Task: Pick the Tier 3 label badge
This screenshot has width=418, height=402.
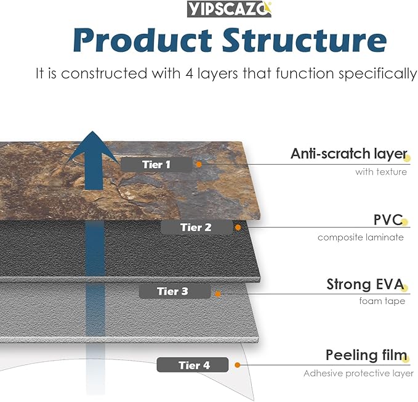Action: pyautogui.click(x=175, y=291)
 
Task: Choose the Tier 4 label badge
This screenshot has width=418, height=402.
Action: pyautogui.click(x=193, y=365)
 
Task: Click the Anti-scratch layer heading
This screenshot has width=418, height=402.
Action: pyautogui.click(x=348, y=154)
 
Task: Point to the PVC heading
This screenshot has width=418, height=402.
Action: pyautogui.click(x=388, y=220)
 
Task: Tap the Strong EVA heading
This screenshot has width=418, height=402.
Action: pyautogui.click(x=364, y=285)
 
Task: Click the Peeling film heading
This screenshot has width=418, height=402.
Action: pyautogui.click(x=366, y=355)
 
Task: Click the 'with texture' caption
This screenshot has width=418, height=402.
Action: pyautogui.click(x=380, y=172)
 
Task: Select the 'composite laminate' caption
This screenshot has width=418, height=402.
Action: pyautogui.click(x=361, y=237)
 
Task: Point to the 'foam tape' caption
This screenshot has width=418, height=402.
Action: pyautogui.click(x=382, y=301)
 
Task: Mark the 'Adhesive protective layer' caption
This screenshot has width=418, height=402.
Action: pyautogui.click(x=358, y=373)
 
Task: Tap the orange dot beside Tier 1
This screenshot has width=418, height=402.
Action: pyautogui.click(x=199, y=165)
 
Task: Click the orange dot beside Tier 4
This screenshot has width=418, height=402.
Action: pyautogui.click(x=237, y=365)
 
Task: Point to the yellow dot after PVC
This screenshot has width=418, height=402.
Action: pyautogui.click(x=404, y=222)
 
